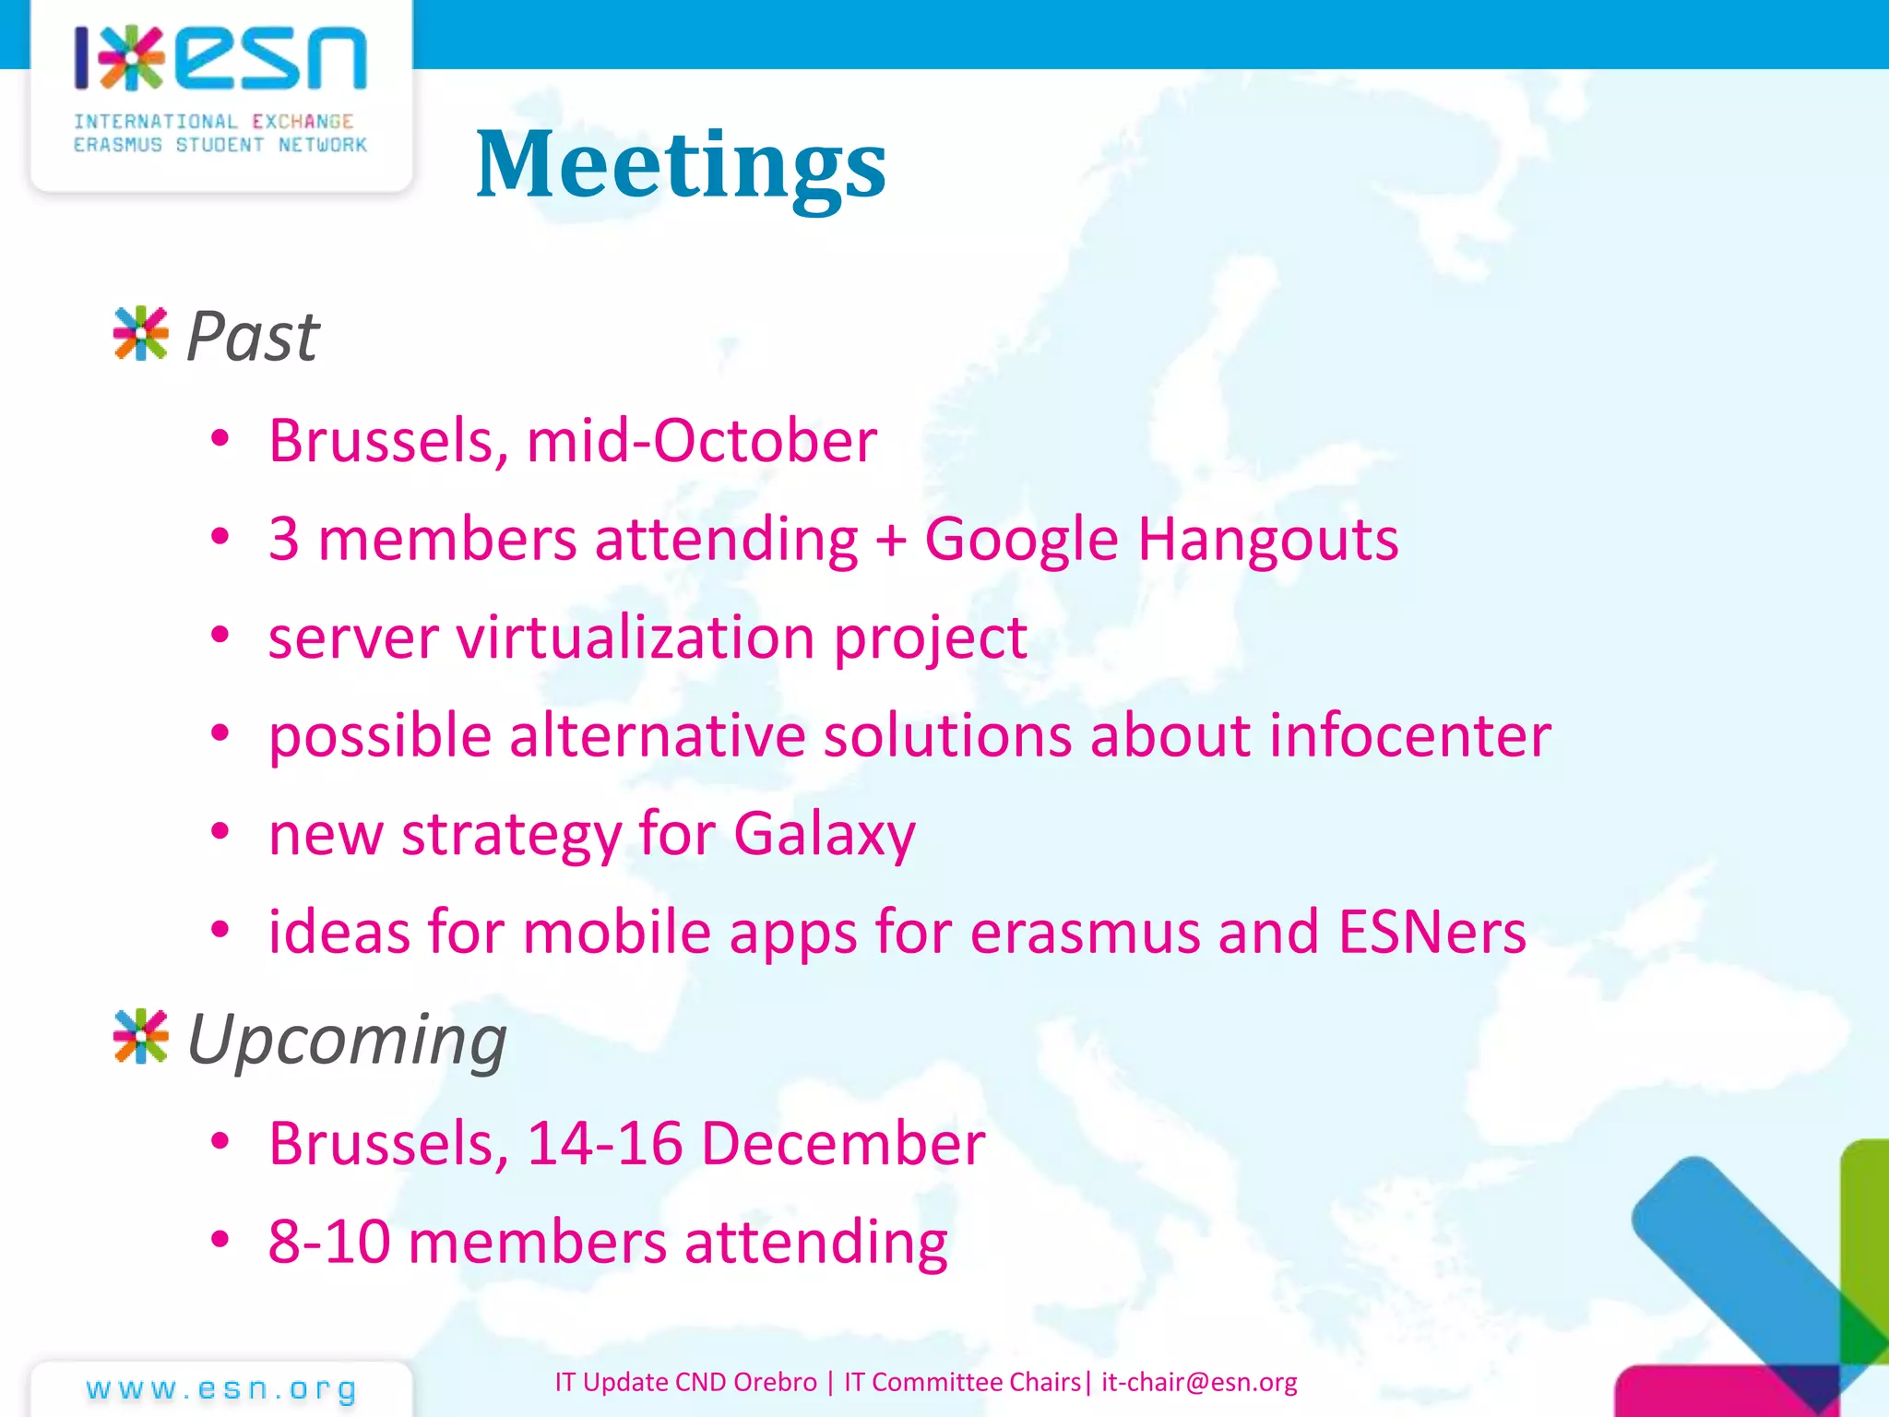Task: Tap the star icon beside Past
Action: (x=140, y=333)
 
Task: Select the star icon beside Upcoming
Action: (x=140, y=1036)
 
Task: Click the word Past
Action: (x=253, y=337)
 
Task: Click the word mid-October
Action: (x=701, y=440)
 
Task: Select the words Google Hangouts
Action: (x=1161, y=540)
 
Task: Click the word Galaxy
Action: (x=824, y=835)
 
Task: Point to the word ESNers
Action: (x=1432, y=932)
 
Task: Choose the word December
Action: (x=843, y=1144)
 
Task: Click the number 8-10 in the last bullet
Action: (x=329, y=1242)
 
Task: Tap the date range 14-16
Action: (x=604, y=1144)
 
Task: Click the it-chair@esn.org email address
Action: (x=1199, y=1382)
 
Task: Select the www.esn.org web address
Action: (x=221, y=1388)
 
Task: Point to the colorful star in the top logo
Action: (x=131, y=58)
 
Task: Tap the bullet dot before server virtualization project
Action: (x=220, y=636)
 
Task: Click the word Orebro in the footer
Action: (x=776, y=1382)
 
